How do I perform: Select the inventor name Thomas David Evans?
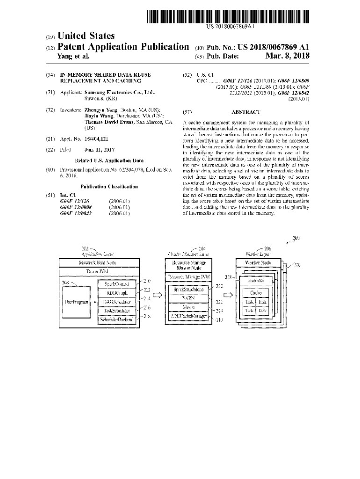109,122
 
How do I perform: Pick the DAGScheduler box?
117,302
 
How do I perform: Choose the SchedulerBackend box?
117,320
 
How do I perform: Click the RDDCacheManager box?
189,317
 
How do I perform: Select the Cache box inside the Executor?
256,292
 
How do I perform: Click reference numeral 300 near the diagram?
295,239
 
